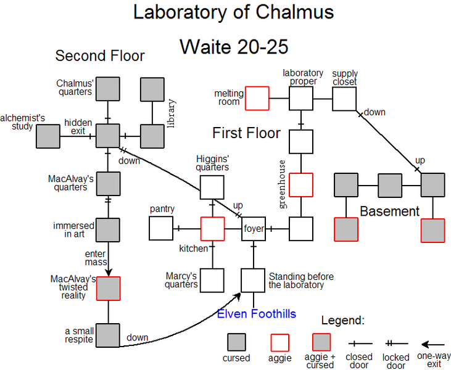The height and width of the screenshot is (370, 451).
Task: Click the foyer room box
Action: coord(253,228)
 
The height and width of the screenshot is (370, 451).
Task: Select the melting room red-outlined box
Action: coord(257,98)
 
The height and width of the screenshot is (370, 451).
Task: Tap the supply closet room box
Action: coord(344,98)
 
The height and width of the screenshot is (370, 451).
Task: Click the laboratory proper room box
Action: coord(301,98)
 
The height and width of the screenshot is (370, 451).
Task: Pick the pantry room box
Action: coord(161,228)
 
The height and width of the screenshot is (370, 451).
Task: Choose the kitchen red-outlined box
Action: coord(212,228)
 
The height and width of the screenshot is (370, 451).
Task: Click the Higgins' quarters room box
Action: coord(212,187)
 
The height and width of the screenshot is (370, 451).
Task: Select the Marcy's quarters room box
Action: coord(212,280)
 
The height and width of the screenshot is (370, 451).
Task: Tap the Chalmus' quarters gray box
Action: coord(108,89)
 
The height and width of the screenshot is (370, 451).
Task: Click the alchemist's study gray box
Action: coord(48,135)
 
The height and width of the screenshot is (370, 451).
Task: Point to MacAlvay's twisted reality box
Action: coord(108,288)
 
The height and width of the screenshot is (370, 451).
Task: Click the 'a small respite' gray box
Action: coord(108,335)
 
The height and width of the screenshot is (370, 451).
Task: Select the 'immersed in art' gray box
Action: coord(108,229)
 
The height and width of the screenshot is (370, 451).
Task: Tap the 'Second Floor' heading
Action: coord(100,56)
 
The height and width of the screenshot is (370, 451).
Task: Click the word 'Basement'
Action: coord(389,212)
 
